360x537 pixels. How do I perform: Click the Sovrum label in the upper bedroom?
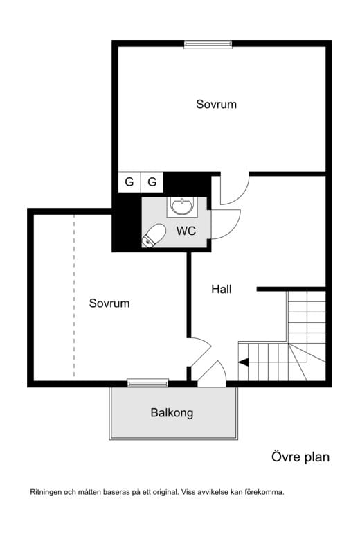coord(216,104)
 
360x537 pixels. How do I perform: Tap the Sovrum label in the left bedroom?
coord(109,303)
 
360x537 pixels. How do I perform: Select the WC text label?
coord(186,231)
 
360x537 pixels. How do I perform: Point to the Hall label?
coord(222,289)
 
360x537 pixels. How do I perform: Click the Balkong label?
coord(172,413)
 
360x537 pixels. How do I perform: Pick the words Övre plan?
coord(300,457)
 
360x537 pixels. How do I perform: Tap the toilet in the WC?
coord(154,236)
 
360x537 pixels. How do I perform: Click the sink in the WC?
coord(182,206)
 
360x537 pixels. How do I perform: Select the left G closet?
coord(129,182)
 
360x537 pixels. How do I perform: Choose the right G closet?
coord(152,182)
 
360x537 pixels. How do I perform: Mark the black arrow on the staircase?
coord(244,362)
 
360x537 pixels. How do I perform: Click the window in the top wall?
coord(208,44)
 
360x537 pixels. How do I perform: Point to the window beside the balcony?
coord(148,382)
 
